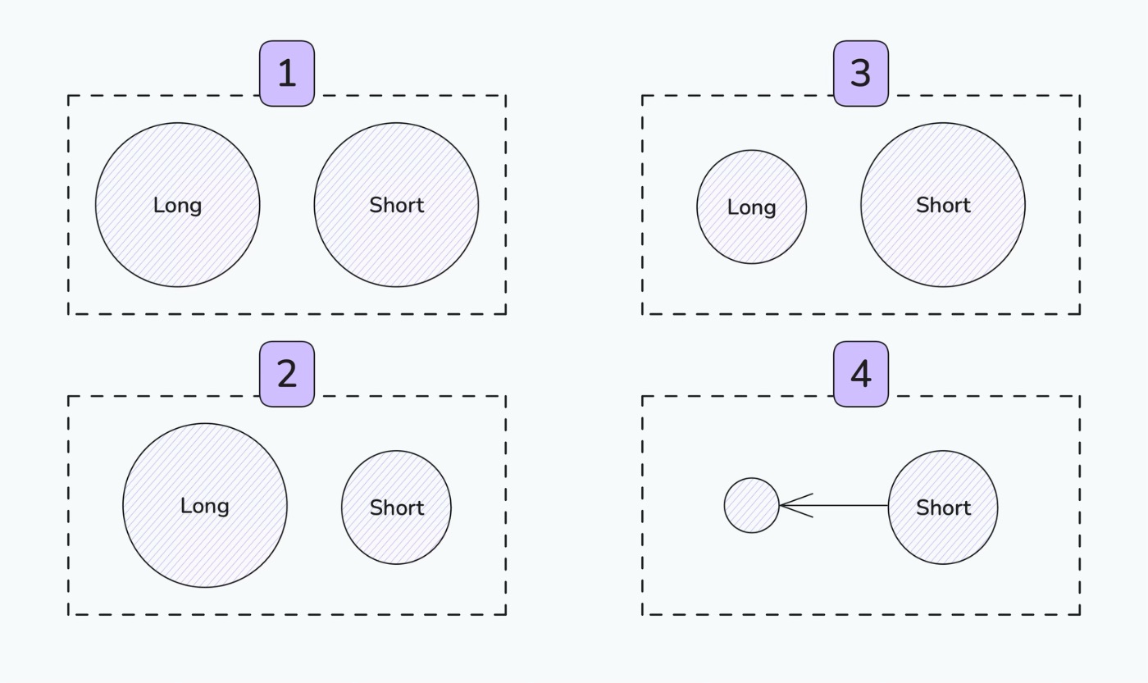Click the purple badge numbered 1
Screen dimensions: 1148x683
287,74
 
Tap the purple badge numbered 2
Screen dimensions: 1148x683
287,374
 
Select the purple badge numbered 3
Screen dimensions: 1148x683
861,74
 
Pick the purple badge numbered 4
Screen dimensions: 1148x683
861,374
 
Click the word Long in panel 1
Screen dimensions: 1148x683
177,206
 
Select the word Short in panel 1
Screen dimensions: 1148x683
397,205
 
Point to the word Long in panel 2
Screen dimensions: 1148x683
205,506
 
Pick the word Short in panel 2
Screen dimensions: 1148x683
397,508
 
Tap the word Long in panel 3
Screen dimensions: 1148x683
751,207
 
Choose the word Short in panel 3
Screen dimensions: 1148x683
944,205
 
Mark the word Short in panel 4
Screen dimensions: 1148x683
944,508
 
